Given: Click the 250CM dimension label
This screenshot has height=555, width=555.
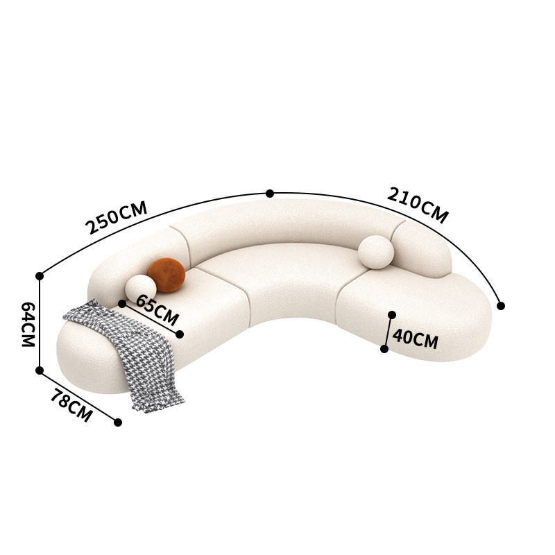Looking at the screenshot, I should pyautogui.click(x=116, y=217).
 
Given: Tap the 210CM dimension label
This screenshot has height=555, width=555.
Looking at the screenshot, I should pyautogui.click(x=418, y=205).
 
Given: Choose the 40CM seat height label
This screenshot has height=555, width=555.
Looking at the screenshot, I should pyautogui.click(x=415, y=340).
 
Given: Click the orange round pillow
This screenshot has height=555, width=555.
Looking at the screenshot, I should pyautogui.click(x=166, y=275).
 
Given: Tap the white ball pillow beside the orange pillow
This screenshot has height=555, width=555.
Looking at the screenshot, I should pyautogui.click(x=141, y=289).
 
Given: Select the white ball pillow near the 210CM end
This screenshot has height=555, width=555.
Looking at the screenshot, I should pyautogui.click(x=376, y=252).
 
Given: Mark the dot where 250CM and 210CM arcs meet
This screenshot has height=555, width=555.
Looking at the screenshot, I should pyautogui.click(x=270, y=194).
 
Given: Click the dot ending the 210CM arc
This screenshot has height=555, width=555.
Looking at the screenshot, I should pyautogui.click(x=501, y=305).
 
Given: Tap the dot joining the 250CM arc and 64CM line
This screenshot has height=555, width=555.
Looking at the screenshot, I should pyautogui.click(x=40, y=276).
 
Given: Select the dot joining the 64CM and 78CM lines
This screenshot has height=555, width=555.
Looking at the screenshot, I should pyautogui.click(x=40, y=370).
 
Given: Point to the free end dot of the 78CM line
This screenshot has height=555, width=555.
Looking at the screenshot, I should pyautogui.click(x=118, y=422).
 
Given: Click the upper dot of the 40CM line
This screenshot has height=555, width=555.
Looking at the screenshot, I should pyautogui.click(x=392, y=314).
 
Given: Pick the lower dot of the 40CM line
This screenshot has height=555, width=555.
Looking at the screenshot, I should pyautogui.click(x=384, y=349).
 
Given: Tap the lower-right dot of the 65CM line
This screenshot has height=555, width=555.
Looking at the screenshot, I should pyautogui.click(x=180, y=334).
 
